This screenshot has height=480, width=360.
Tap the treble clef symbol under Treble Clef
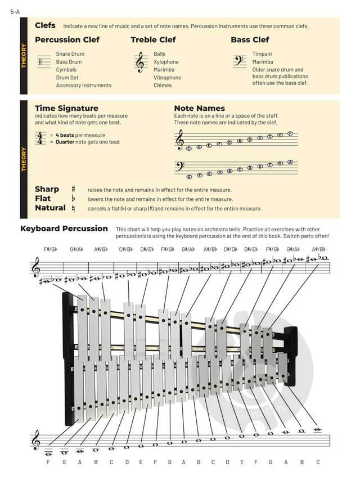[140, 62]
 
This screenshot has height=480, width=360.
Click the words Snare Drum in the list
[70, 54]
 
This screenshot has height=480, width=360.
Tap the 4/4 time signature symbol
[40, 138]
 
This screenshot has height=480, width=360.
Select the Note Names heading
[199, 108]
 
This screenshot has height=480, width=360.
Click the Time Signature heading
[66, 108]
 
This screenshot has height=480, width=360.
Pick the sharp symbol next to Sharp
[73, 190]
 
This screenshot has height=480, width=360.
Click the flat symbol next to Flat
[73, 199]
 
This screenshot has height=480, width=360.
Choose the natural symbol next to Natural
[73, 208]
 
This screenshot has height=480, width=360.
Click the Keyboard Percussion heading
[64, 228]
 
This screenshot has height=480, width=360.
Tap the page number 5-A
[15, 11]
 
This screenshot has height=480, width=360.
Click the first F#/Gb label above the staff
[50, 249]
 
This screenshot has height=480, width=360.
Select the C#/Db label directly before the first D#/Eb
[125, 249]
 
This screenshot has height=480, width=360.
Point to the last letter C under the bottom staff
[317, 462]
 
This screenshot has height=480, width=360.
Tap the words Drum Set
[67, 78]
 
